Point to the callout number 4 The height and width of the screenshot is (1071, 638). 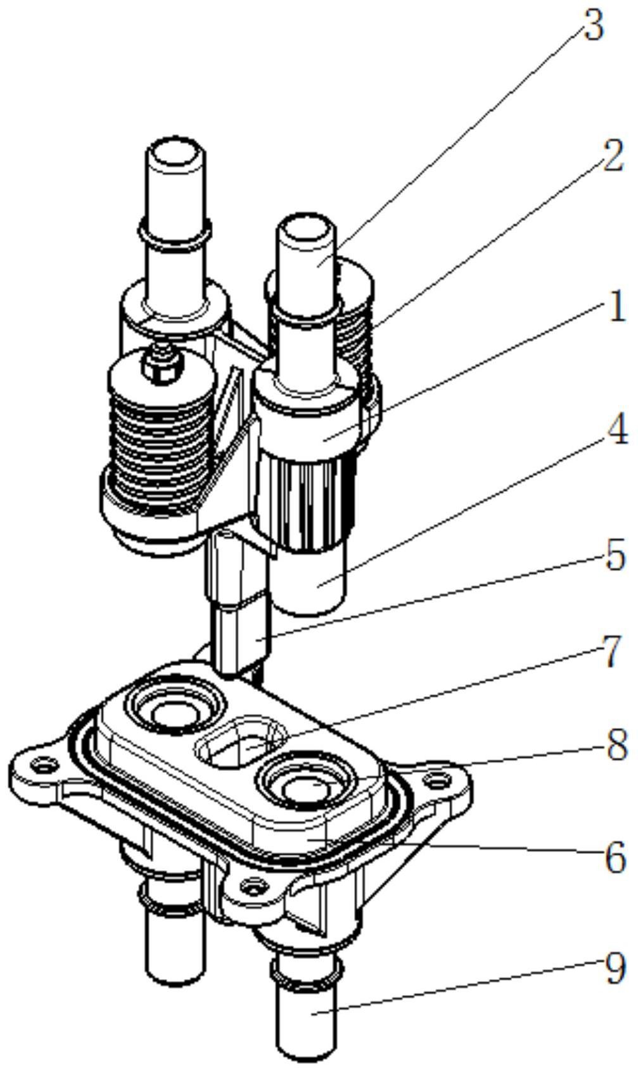(x=615, y=433)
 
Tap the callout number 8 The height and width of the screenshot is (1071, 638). (x=615, y=746)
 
